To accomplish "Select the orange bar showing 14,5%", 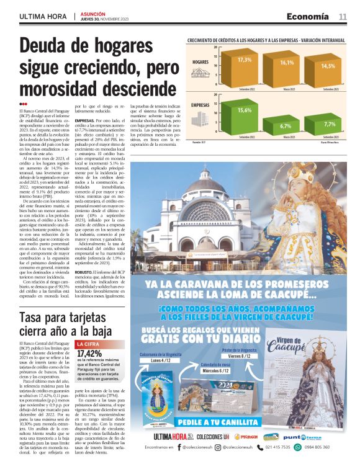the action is [328, 73].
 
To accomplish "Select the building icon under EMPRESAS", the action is [200, 122].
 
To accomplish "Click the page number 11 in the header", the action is [343, 16].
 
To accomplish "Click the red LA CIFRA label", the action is [88, 343].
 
